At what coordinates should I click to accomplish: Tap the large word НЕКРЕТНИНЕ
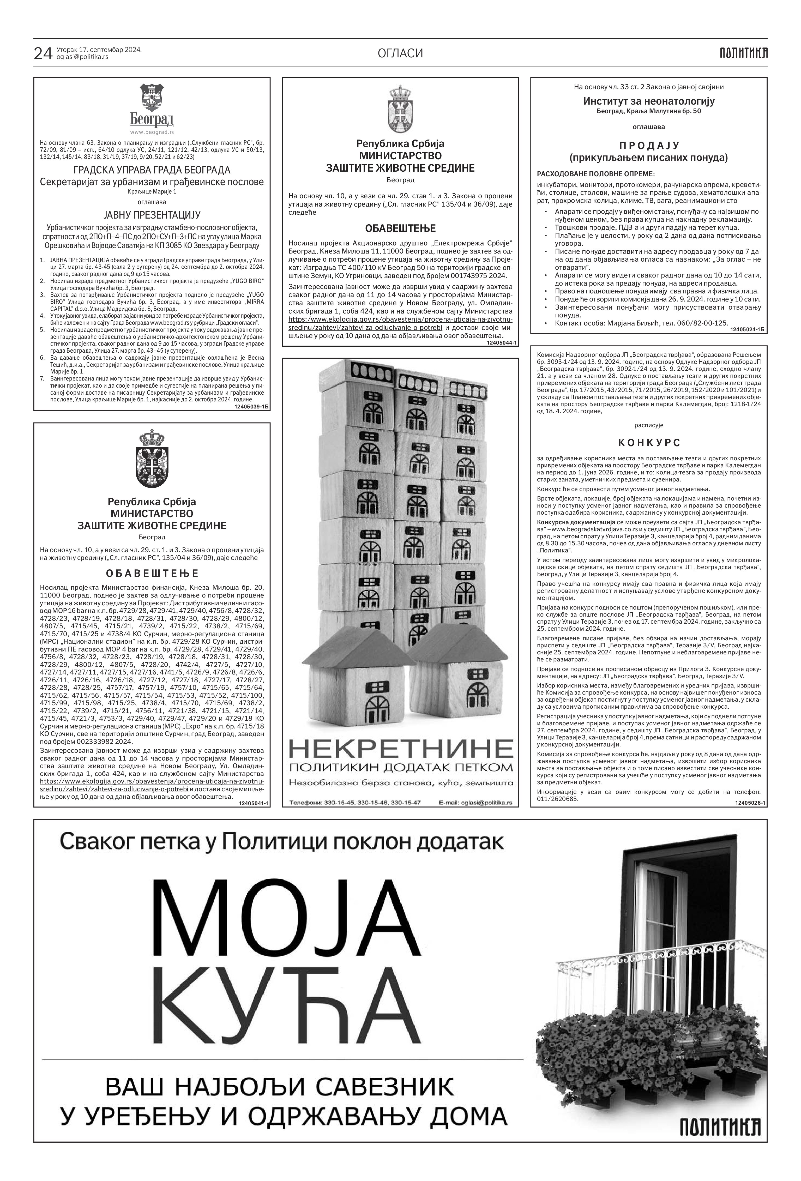coord(401,749)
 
